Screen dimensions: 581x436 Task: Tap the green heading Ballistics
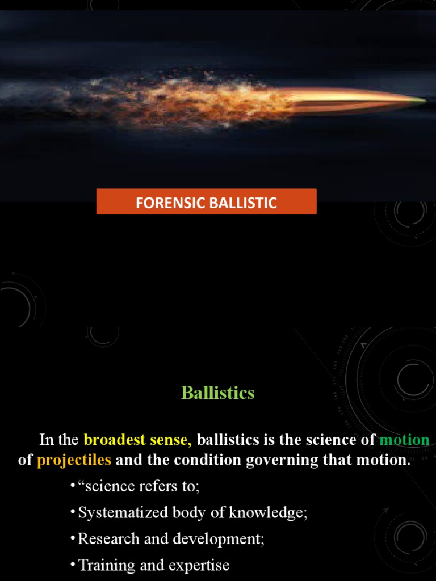click(x=218, y=393)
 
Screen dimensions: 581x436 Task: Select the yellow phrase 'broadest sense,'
click(x=137, y=440)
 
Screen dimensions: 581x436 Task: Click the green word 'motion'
click(x=404, y=440)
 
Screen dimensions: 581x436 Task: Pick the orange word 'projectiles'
click(x=74, y=460)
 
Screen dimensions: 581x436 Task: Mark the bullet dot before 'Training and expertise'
click(x=73, y=565)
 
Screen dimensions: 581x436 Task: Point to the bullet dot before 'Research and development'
click(x=73, y=538)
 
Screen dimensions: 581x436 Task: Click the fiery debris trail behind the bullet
click(x=187, y=99)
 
